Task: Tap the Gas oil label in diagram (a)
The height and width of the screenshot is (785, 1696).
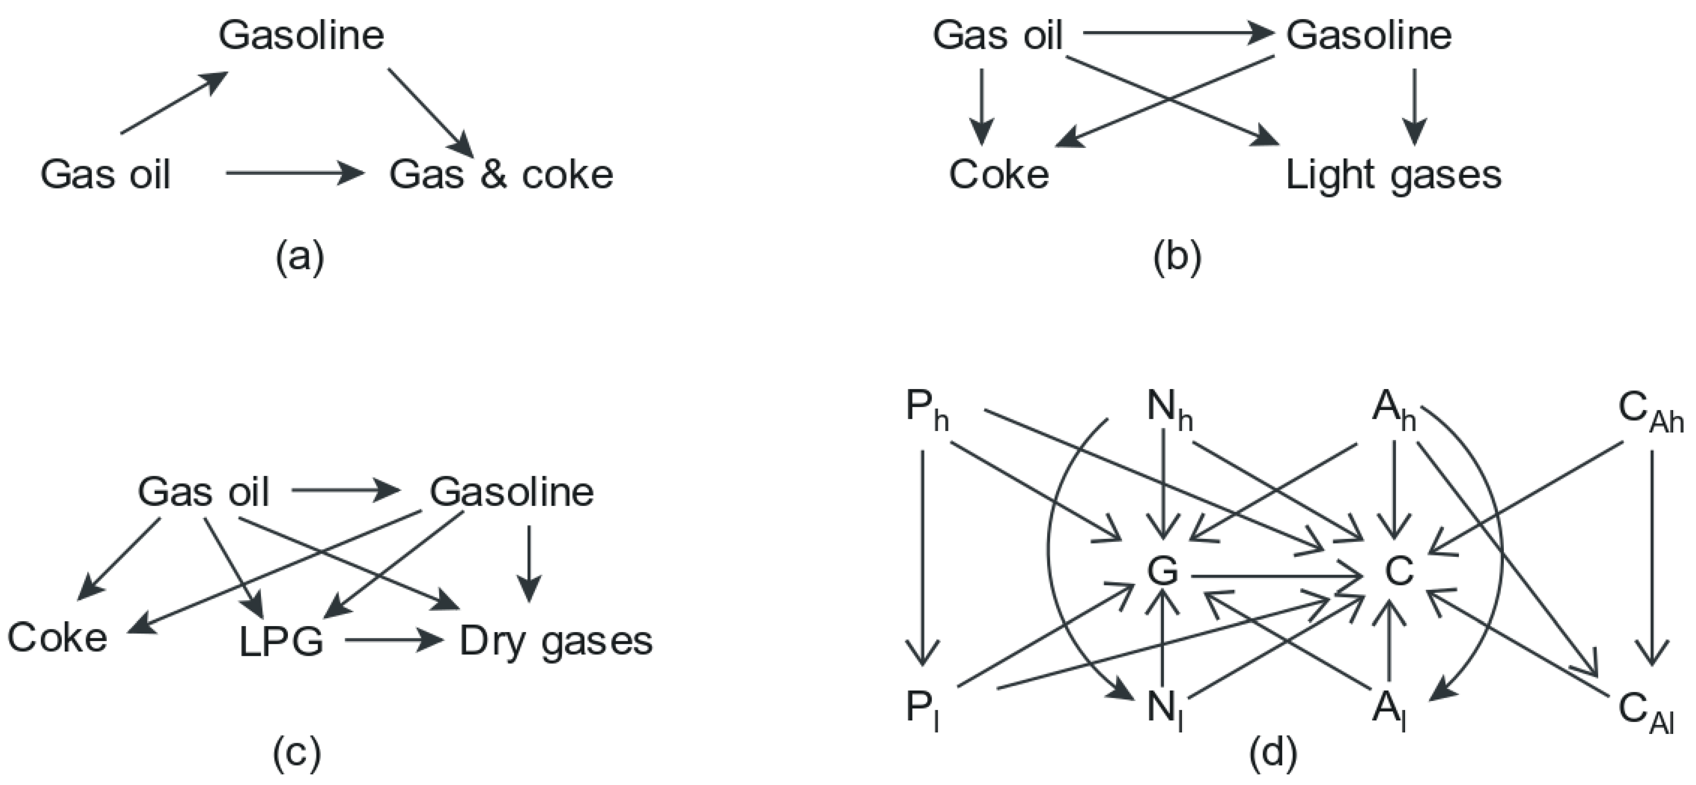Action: [x=105, y=175]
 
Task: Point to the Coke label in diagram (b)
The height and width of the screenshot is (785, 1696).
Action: [x=998, y=175]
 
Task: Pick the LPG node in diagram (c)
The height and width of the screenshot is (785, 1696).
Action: [x=281, y=642]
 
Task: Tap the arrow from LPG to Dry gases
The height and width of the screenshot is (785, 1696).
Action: [x=393, y=640]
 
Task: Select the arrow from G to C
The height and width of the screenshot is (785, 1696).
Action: [x=1276, y=577]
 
